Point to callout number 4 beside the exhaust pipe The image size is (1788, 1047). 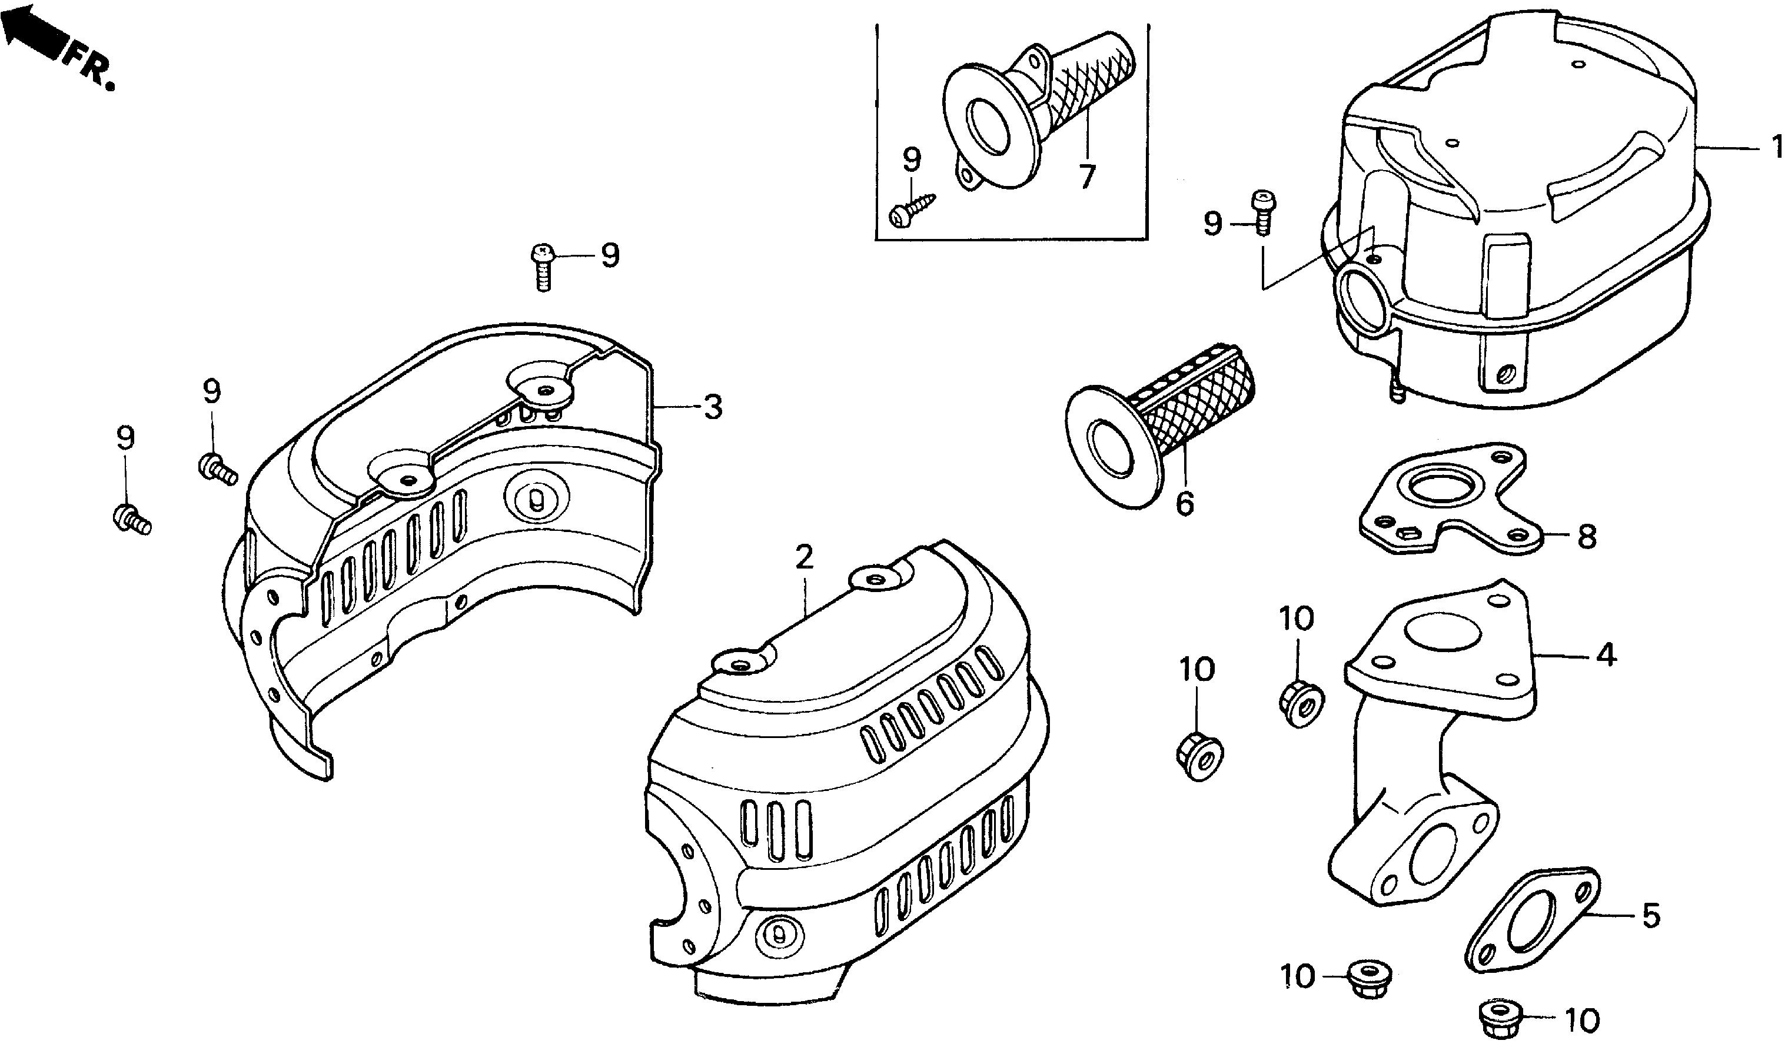tap(1606, 654)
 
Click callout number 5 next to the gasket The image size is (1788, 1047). tap(1650, 916)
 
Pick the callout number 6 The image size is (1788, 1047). tap(1184, 504)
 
